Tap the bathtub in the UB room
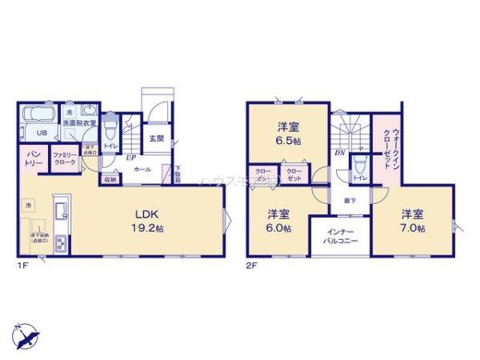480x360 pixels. point(34,114)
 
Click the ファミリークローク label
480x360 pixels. point(64,158)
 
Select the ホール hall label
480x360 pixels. point(142,170)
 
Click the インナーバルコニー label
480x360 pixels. point(340,235)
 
